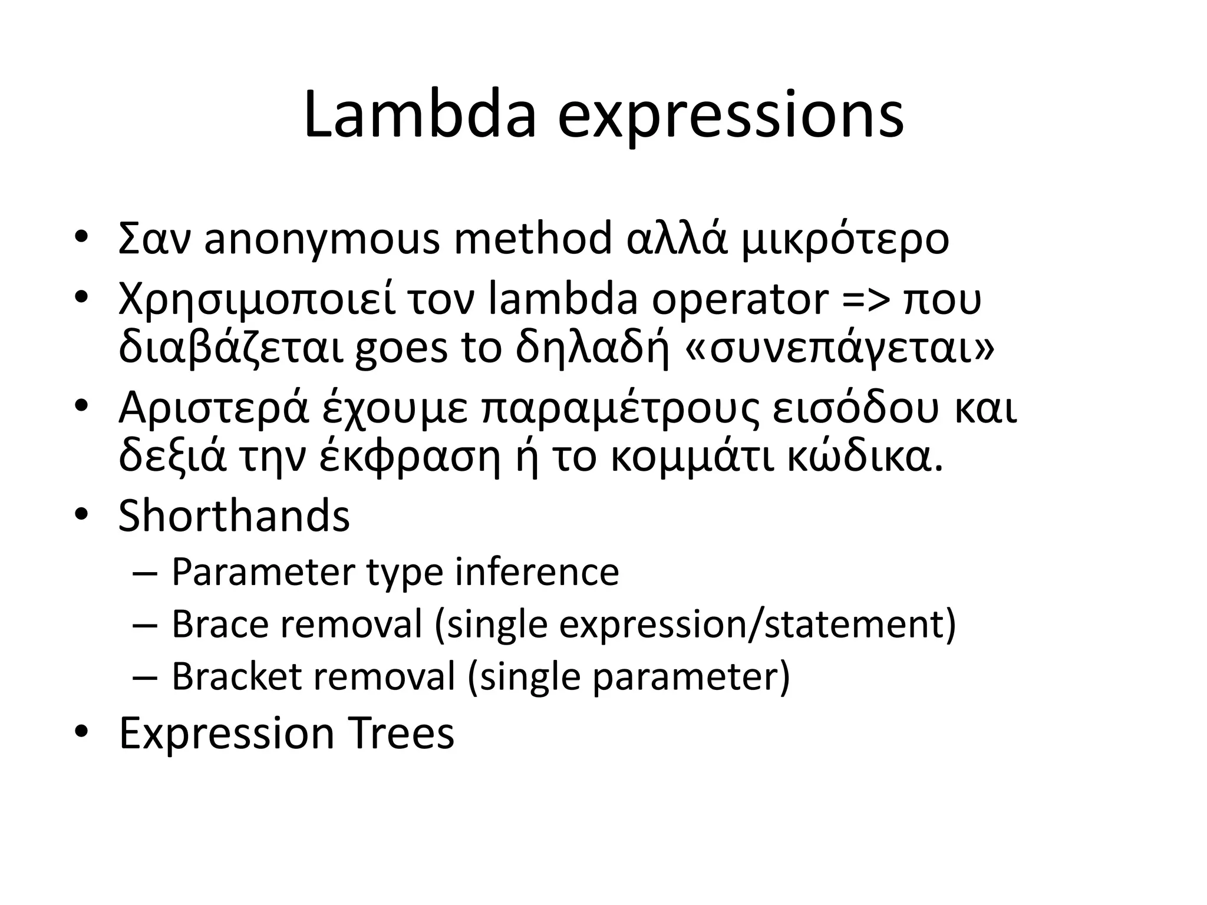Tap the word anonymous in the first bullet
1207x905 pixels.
point(322,239)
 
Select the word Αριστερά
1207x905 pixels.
point(213,408)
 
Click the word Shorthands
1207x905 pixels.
point(234,516)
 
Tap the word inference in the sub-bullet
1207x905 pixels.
point(537,572)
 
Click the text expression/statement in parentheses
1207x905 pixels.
point(757,625)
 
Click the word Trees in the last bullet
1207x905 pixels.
point(400,733)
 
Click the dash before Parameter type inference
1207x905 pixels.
point(146,573)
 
